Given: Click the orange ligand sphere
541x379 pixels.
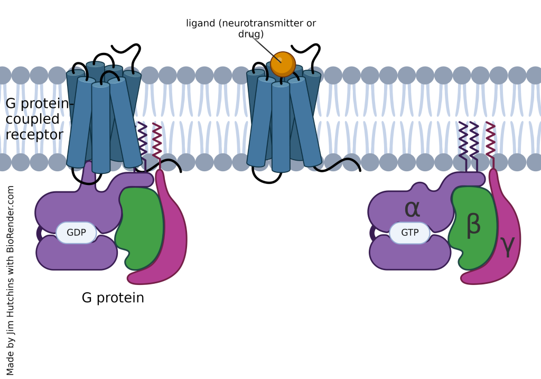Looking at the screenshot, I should click(x=283, y=64).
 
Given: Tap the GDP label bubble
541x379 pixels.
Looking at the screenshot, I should click(x=76, y=233).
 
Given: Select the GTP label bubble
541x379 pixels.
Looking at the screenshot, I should click(x=409, y=233).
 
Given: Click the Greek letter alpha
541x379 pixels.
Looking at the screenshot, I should click(x=412, y=209).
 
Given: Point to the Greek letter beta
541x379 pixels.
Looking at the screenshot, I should click(x=473, y=224).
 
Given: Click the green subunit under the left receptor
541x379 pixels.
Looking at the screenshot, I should click(x=141, y=227).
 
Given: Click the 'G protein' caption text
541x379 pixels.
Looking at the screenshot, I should click(x=113, y=298).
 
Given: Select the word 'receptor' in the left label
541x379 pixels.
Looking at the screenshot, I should click(x=34, y=135).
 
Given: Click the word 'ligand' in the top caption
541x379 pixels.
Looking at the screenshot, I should click(x=201, y=24).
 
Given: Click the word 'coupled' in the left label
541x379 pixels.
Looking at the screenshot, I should click(x=32, y=119).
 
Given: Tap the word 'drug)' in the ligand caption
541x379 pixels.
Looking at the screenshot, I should click(x=251, y=34).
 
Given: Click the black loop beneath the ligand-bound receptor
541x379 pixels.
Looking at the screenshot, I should click(x=267, y=177).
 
